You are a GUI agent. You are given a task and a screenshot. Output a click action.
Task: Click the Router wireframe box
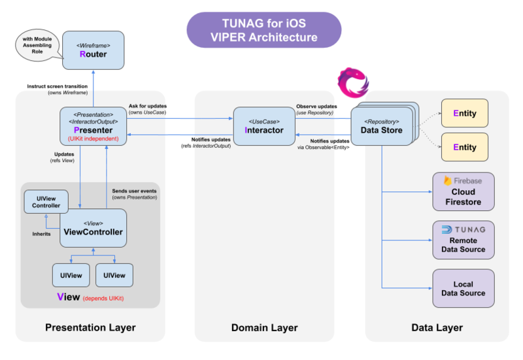[93, 50]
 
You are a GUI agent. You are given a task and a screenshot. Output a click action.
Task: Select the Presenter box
[93, 125]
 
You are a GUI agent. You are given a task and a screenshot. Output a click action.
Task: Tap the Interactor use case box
[263, 125]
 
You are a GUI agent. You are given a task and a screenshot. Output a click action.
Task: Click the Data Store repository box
[382, 125]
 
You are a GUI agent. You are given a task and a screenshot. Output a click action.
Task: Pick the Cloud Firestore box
[464, 192]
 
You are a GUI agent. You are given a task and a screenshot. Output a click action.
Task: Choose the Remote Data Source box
[464, 239]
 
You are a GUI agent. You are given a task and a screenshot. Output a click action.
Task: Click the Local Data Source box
[464, 288]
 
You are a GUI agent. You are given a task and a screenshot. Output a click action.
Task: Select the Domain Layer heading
[264, 327]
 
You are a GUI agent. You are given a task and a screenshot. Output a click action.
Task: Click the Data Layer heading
[437, 327]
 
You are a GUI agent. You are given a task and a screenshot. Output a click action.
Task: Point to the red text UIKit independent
[93, 139]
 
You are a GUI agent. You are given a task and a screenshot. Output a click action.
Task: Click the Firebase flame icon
[448, 180]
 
